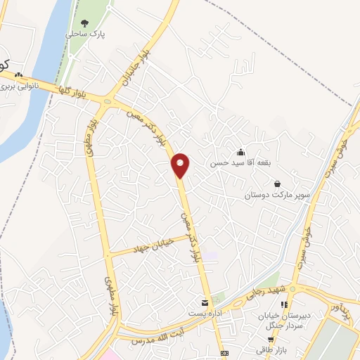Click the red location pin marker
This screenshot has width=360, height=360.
(x=181, y=165)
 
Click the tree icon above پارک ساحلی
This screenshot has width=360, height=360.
(x=85, y=23)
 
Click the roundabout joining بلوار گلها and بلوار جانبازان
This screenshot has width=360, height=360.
(x=108, y=100)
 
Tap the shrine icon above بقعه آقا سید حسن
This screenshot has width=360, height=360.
(x=241, y=152)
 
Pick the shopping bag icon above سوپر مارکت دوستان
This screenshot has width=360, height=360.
(x=278, y=184)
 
